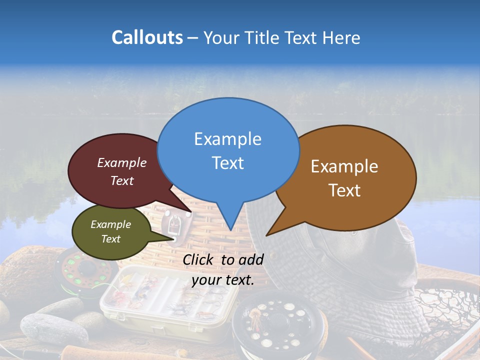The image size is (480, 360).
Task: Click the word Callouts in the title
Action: [147, 37]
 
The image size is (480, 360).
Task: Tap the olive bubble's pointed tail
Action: [170, 238]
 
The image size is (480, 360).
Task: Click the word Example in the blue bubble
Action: [227, 139]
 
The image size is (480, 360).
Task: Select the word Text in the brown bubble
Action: [344, 190]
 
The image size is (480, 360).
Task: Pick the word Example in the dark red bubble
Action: [122, 163]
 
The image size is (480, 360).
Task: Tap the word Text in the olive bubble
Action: [110, 239]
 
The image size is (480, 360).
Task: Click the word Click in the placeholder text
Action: [199, 259]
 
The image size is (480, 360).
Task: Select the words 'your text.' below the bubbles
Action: [223, 280]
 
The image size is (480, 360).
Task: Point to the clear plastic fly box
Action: [150, 295]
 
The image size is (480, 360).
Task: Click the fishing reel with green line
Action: [85, 270]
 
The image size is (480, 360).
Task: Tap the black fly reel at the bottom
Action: [280, 325]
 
